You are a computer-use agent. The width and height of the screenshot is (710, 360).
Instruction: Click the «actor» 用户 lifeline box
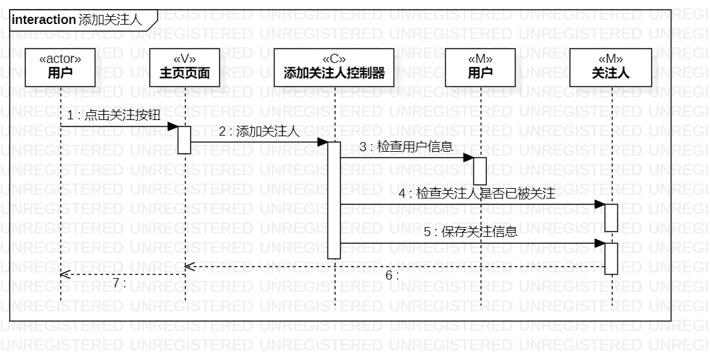pos(60,67)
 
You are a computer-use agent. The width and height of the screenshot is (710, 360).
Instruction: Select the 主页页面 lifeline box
pos(185,67)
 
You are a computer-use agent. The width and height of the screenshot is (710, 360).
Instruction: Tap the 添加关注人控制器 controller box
pos(334,67)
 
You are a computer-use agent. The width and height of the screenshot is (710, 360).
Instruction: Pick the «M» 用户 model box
pos(480,67)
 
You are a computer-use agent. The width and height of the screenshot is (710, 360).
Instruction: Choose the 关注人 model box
pos(611,67)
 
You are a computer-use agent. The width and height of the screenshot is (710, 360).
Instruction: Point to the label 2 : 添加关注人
pos(259,132)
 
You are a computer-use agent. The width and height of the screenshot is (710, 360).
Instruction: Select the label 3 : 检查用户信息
pos(406,147)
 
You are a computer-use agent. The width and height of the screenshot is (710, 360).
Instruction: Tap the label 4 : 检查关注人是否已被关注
pos(477,193)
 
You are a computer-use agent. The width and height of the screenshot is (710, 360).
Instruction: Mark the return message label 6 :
pos(392,275)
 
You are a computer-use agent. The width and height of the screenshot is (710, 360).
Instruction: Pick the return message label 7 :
pos(119,283)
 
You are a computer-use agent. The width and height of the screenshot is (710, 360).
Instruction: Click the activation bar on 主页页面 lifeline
pos(185,140)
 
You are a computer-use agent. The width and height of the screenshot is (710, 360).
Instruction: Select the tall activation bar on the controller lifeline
pos(334,200)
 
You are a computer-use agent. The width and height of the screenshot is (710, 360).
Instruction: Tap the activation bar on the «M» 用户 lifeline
pos(480,171)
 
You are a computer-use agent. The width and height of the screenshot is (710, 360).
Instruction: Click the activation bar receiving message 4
pos(611,217)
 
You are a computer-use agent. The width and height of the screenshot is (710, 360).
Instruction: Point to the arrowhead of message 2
pos(322,142)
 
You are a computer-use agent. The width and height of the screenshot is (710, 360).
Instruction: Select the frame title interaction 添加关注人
pos(77,20)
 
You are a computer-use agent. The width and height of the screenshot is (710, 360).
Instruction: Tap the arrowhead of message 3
pos(468,158)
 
